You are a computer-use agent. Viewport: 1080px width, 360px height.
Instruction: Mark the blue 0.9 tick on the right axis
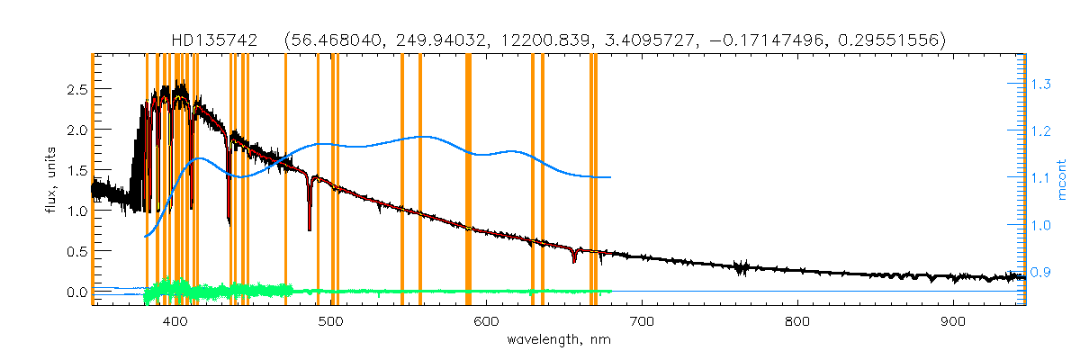click(1041, 272)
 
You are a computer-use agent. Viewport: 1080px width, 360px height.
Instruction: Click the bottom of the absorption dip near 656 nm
click(574, 262)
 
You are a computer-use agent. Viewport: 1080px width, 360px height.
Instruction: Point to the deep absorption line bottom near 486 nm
click(310, 229)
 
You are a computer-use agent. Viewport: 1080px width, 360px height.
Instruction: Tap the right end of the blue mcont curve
click(611, 177)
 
